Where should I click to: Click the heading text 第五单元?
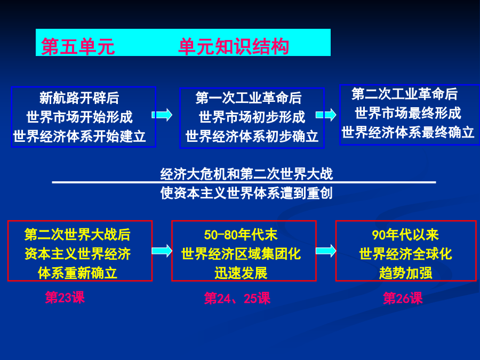point(78,46)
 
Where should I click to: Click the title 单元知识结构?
point(234,46)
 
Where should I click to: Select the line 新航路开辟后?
point(79,98)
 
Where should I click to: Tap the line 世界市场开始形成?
point(79,117)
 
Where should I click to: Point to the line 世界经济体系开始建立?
point(79,136)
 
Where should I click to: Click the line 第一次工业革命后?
point(249,98)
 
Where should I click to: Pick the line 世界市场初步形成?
point(252,117)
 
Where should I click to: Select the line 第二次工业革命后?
point(404,94)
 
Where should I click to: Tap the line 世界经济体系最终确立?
point(408,132)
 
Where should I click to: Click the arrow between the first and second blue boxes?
point(162,115)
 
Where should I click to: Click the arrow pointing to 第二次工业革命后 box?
point(326,115)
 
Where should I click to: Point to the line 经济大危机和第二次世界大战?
point(246,173)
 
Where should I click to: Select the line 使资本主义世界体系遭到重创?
point(246,193)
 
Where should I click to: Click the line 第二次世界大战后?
point(77,235)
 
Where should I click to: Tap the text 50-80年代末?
point(241,235)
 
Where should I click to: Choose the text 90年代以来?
point(405,235)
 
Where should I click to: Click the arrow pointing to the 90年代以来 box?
point(326,251)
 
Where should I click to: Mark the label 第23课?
point(65,297)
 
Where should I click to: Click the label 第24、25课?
point(237,298)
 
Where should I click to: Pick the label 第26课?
point(403,298)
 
